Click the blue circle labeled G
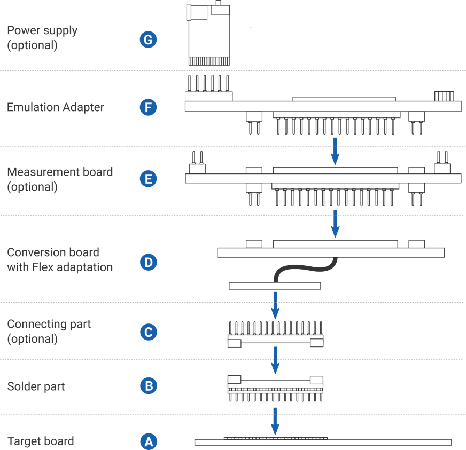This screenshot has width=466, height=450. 148,40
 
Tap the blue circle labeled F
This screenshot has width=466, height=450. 148,107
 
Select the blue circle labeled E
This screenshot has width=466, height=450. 148,179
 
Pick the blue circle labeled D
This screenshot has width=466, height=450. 148,262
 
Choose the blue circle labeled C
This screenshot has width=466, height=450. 148,332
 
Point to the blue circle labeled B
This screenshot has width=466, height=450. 148,386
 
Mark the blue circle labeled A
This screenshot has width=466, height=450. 148,441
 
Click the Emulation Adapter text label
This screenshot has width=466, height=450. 55,107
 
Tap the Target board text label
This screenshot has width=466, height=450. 41,441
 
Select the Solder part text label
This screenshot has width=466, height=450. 36,386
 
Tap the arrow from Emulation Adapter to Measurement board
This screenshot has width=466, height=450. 335,151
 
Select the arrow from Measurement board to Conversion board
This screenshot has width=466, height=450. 335,223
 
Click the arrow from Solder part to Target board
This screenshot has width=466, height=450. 275,421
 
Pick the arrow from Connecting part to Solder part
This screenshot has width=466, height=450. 275,360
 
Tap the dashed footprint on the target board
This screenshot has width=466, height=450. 275,438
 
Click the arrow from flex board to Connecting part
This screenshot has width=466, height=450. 275,305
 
